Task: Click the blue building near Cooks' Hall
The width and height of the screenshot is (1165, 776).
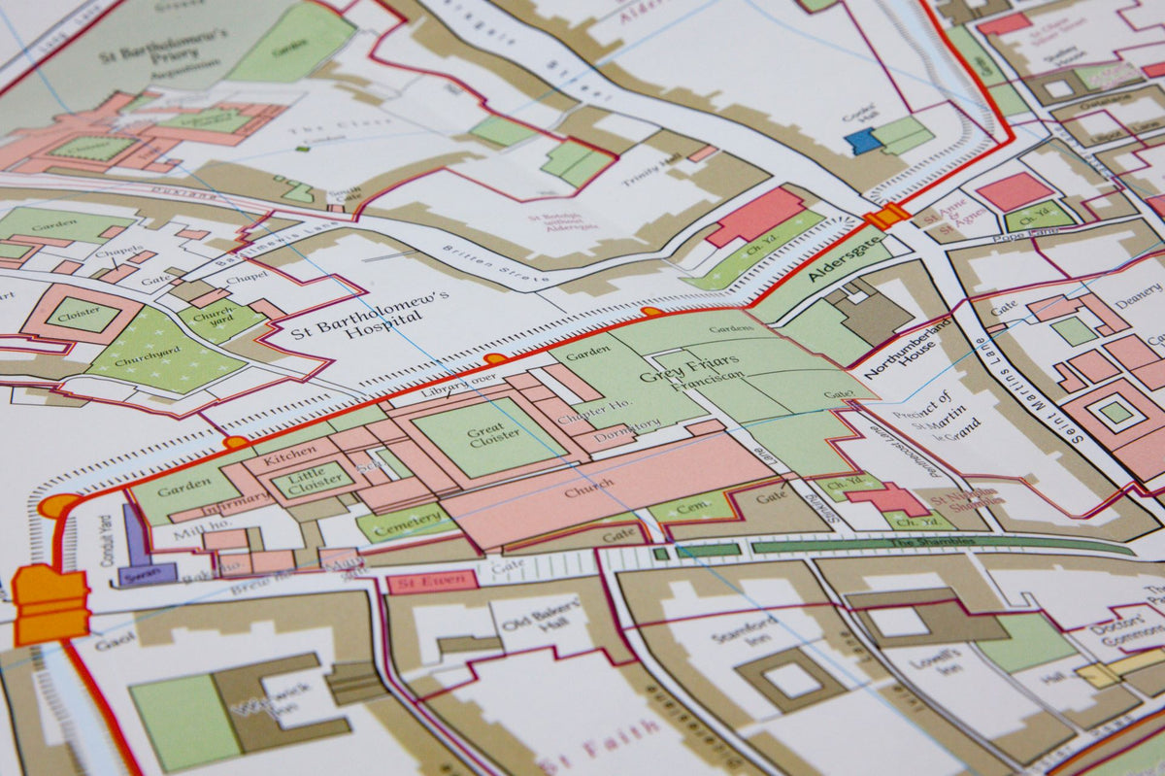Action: pos(862,142)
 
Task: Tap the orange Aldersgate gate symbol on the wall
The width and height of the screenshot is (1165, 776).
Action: pos(886,216)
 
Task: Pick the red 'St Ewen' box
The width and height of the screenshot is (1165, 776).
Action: pos(432,582)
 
